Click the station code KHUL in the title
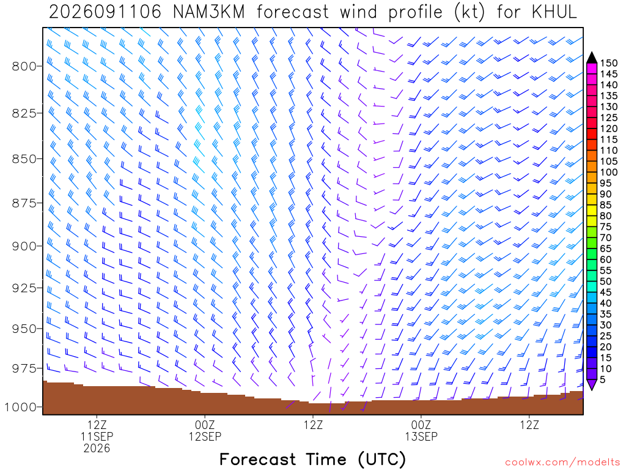tap(554, 12)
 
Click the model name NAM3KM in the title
tap(209, 12)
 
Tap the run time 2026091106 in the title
tap(105, 12)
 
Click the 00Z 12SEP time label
tap(205, 430)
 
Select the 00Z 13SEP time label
tap(421, 430)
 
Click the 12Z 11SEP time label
tap(97, 430)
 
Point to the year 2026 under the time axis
tap(97, 448)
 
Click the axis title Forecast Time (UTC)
tap(312, 459)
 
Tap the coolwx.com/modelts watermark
tap(562, 463)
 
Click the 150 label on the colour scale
tap(609, 63)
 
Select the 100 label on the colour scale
tap(609, 172)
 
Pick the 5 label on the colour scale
tap(603, 379)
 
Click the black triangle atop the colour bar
tap(592, 58)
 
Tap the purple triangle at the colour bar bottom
tap(592, 384)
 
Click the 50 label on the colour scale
tap(606, 282)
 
